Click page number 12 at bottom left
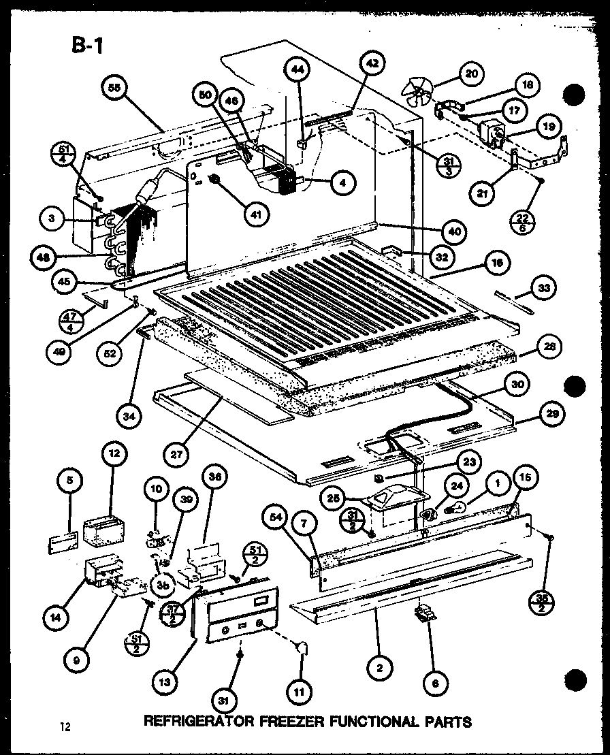point(65,726)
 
